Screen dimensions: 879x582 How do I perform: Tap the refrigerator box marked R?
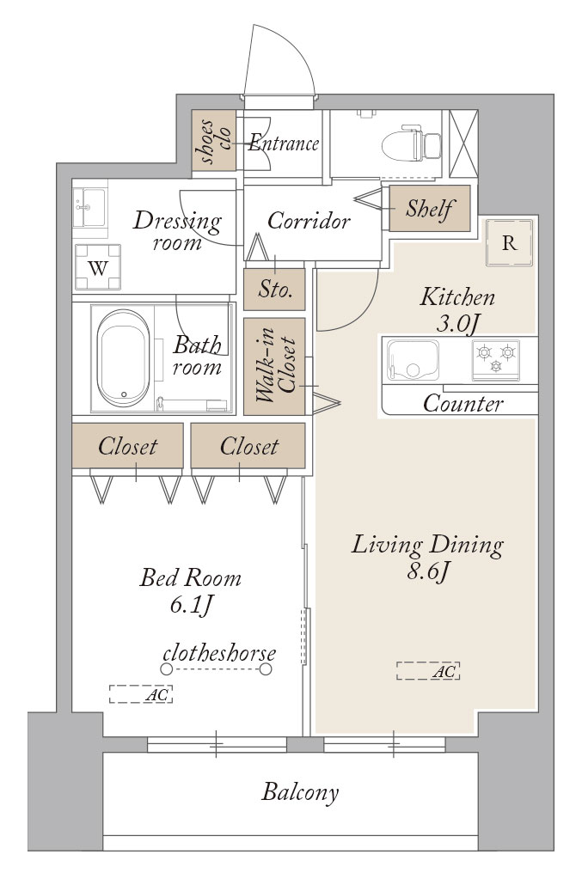click(x=509, y=243)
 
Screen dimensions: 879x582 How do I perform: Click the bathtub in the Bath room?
click(x=123, y=358)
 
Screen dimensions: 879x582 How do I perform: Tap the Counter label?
click(x=463, y=404)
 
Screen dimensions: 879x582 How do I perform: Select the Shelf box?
click(x=429, y=208)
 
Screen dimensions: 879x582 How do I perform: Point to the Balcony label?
click(x=300, y=791)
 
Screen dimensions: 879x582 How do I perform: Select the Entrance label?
click(x=283, y=143)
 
